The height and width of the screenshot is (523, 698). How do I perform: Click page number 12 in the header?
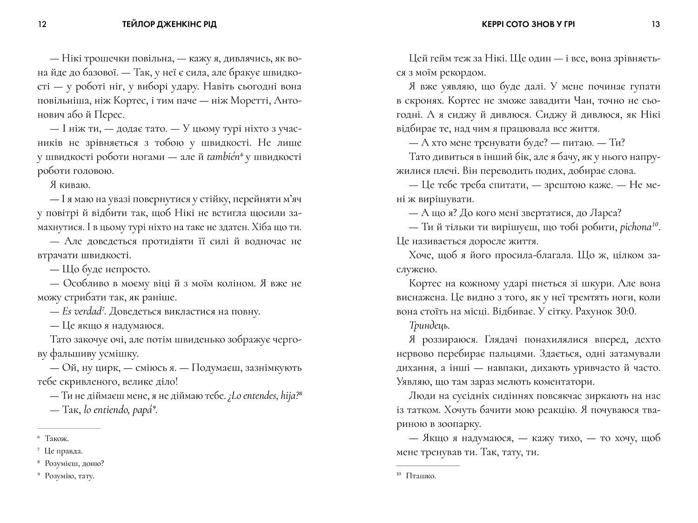[41, 24]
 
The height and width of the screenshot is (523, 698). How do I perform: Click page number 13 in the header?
[656, 24]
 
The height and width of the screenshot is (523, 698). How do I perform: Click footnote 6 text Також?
[57, 438]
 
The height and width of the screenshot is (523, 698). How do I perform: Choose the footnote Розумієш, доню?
[74, 463]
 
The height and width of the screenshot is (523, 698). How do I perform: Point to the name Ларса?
[607, 213]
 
